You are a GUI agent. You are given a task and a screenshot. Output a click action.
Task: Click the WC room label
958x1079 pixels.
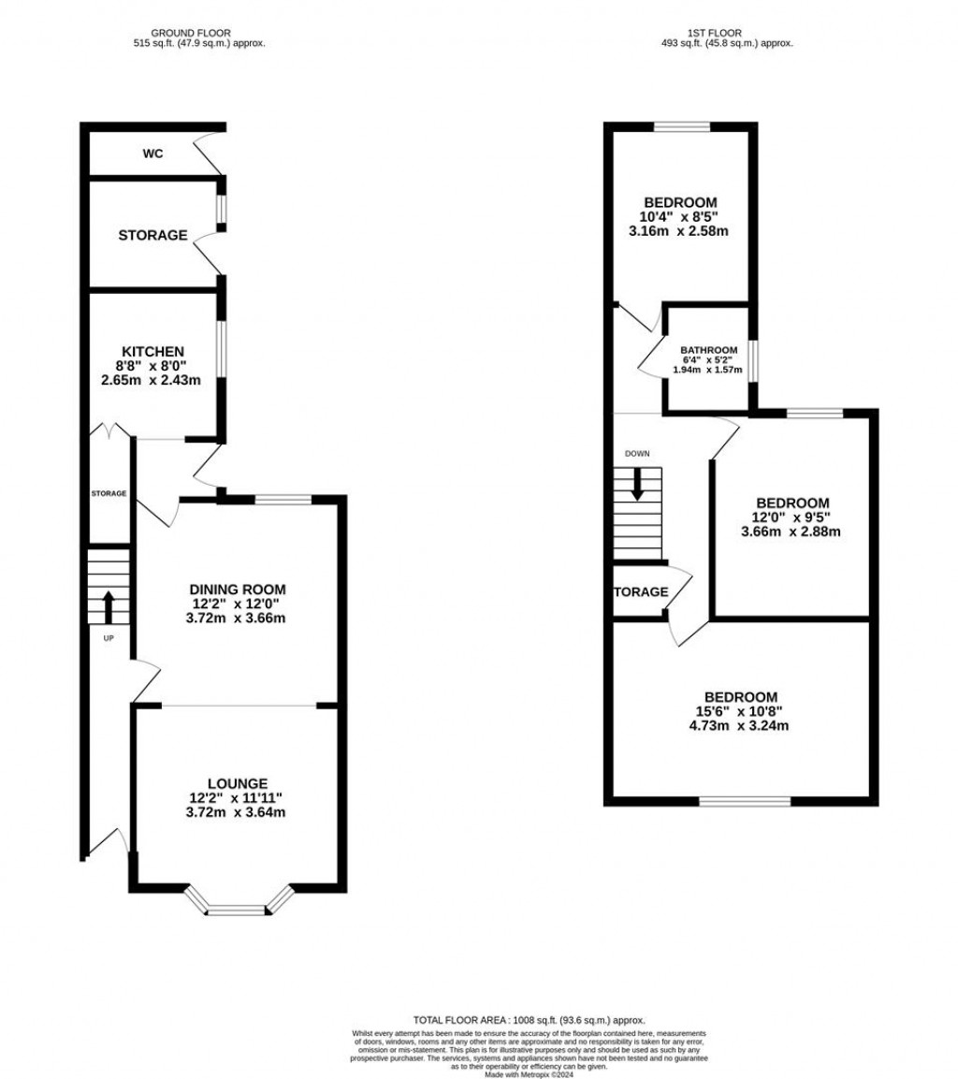152,153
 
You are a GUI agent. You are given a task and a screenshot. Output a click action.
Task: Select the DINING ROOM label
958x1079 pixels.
237,590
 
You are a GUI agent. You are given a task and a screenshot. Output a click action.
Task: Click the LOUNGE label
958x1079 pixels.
237,783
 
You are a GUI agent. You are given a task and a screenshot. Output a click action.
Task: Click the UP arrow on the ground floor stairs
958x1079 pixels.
108,606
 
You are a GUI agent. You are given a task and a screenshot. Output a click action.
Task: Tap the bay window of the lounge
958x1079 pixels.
237,907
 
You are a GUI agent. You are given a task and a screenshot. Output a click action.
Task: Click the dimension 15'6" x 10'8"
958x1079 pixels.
741,711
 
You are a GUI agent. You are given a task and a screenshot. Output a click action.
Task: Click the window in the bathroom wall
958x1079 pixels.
753,361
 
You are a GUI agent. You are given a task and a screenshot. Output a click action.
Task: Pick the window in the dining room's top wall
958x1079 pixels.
283,501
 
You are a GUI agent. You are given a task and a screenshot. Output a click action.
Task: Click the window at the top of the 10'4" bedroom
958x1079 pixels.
680,127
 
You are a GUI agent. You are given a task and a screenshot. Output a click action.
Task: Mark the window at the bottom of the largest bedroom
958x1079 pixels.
745,801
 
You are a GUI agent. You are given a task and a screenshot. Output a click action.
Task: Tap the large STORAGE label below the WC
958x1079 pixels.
152,236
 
